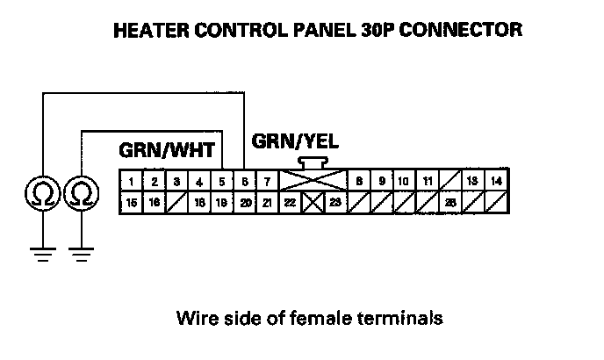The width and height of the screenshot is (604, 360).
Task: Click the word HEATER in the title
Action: tap(152, 31)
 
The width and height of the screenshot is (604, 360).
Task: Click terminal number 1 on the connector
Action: tap(131, 182)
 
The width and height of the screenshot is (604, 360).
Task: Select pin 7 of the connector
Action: tap(268, 182)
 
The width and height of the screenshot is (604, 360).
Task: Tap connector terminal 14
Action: tap(496, 182)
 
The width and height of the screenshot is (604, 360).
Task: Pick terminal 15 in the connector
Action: tap(131, 203)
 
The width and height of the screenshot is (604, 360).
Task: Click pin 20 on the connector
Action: tap(245, 203)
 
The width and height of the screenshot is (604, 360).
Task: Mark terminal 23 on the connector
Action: tap(336, 203)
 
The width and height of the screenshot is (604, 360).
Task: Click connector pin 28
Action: tap(450, 203)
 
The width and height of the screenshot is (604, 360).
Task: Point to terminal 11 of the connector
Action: tap(428, 182)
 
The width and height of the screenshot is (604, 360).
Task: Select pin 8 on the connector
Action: tap(359, 182)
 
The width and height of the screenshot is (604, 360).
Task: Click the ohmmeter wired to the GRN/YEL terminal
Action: tap(41, 192)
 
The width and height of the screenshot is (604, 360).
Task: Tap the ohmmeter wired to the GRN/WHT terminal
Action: tap(81, 192)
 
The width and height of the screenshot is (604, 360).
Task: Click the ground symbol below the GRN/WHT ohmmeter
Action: tap(81, 256)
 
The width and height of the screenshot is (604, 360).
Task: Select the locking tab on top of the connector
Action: tap(313, 162)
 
